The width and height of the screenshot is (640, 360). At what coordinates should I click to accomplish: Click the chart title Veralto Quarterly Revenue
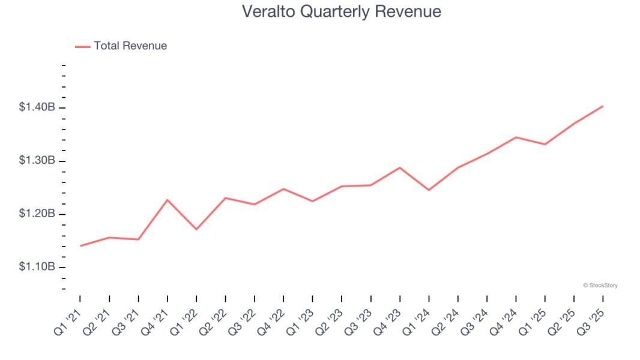[341, 11]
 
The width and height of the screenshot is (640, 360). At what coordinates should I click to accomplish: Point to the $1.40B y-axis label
[37, 107]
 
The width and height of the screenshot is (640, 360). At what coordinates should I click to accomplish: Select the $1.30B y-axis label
[37, 161]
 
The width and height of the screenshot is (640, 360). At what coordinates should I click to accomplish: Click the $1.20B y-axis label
[37, 214]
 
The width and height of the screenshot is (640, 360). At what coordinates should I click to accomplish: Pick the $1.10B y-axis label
[37, 267]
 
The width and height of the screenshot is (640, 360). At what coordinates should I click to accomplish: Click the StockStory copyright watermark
[600, 286]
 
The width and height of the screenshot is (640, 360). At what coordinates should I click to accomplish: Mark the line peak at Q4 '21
[168, 200]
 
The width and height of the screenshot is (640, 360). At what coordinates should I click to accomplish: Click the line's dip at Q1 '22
[196, 229]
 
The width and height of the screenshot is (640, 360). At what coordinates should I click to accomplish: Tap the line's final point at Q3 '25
[603, 106]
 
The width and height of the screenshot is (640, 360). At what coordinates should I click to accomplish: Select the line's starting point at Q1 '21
[80, 245]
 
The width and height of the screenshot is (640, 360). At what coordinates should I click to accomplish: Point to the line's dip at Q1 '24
[429, 190]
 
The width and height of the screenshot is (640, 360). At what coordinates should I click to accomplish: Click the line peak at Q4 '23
[400, 167]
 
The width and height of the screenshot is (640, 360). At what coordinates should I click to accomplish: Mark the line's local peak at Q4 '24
[516, 137]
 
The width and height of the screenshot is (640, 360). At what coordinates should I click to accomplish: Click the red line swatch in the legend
[82, 46]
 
